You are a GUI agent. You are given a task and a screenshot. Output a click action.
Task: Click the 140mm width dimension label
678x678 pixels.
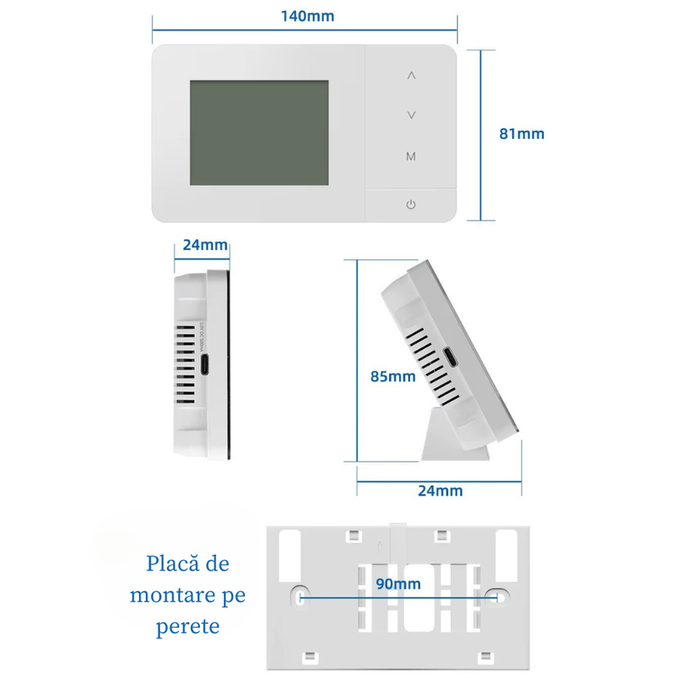[307, 16]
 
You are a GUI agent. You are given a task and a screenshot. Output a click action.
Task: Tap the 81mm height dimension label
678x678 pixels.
[521, 133]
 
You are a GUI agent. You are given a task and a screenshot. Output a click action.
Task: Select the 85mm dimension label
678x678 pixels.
[392, 375]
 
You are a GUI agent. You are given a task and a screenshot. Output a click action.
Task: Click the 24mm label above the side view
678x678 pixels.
[205, 246]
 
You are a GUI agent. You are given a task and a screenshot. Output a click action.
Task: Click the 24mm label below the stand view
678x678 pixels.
[441, 490]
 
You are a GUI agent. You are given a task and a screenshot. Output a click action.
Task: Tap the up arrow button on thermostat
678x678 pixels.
[411, 75]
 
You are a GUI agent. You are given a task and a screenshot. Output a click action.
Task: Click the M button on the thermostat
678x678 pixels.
[411, 157]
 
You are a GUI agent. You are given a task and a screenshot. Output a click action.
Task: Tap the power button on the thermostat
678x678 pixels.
[411, 204]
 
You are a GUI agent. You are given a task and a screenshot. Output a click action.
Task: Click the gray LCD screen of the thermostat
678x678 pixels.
[258, 133]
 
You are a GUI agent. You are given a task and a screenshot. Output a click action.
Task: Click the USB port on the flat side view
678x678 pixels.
[207, 366]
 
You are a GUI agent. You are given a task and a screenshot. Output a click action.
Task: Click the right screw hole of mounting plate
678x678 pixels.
[500, 596]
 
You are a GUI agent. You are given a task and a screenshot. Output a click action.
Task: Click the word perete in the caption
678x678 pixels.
[188, 626]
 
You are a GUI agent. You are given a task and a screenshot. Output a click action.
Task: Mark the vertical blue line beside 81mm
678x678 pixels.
[481, 134]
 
